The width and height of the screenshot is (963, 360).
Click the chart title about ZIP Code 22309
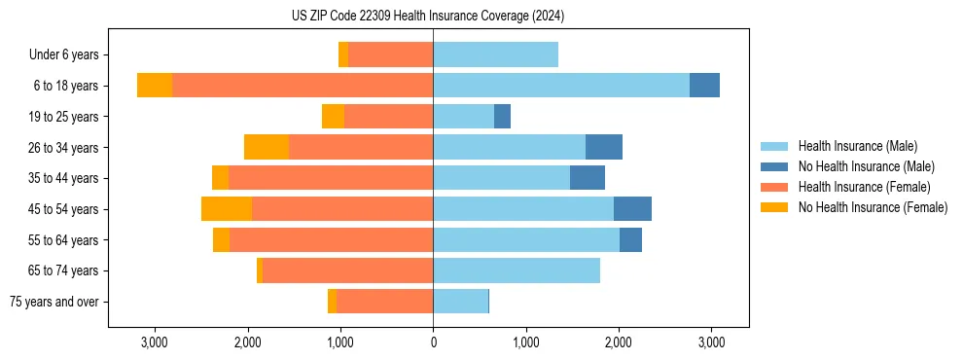428,17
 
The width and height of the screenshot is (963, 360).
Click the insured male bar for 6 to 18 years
561,86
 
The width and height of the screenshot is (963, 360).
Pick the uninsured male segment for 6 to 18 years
704,86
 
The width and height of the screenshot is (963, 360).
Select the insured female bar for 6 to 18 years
303,86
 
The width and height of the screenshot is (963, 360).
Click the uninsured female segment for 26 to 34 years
267,147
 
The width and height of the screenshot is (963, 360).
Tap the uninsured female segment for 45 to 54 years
227,208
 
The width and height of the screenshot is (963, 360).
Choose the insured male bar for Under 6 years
495,54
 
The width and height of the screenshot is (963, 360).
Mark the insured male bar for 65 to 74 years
517,270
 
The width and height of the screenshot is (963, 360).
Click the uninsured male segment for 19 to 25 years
502,117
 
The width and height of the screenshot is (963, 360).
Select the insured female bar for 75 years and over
384,302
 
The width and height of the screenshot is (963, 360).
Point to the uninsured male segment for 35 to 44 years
588,178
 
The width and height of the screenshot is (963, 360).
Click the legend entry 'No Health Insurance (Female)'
872,207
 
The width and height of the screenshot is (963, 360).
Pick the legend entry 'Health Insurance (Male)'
857,146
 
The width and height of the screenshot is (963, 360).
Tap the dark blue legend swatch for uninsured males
774,166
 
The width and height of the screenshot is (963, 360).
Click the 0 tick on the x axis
433,342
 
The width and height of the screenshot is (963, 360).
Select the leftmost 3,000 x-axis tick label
155,342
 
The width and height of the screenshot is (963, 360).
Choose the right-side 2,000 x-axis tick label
619,342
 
